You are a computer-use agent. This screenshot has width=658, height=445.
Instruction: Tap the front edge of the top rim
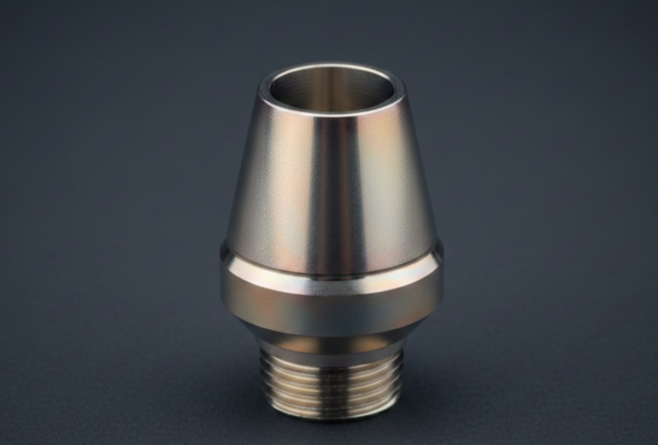[331, 114]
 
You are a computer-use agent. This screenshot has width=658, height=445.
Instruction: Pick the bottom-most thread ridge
[331, 408]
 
